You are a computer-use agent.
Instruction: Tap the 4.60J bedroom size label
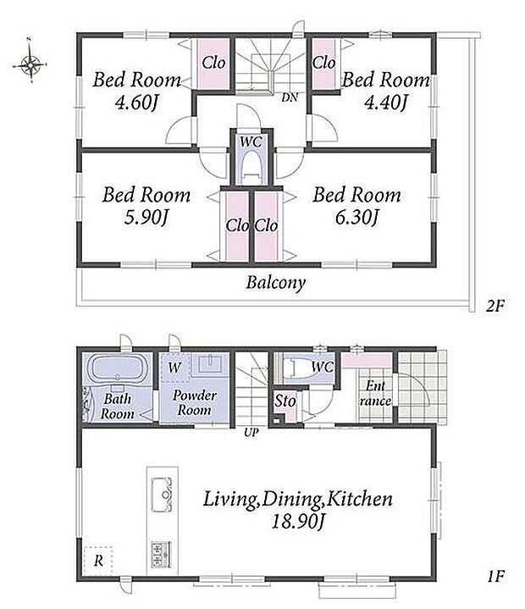(136, 103)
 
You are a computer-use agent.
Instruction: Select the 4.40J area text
(385, 102)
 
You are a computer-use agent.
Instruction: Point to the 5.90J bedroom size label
(146, 218)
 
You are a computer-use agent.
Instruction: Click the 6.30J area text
(356, 218)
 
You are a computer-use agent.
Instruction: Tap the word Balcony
(276, 283)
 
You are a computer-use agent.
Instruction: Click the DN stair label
(290, 97)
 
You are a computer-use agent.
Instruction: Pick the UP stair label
(251, 432)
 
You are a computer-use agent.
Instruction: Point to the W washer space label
(174, 367)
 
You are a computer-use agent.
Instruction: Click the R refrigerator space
(98, 561)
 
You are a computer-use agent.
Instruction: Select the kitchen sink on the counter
(162, 496)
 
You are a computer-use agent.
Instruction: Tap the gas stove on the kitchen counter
(161, 553)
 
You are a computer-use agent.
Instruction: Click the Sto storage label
(285, 401)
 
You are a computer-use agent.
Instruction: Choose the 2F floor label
(495, 307)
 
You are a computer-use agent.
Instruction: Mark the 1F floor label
(496, 576)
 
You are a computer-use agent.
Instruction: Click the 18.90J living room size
(298, 522)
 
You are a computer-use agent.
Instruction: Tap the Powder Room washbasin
(210, 365)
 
